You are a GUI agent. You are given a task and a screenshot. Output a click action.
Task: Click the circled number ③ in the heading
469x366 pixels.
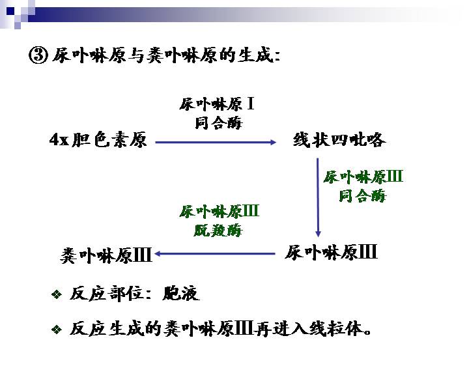(38, 55)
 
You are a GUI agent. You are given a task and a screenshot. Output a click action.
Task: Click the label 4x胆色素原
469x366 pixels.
(98, 139)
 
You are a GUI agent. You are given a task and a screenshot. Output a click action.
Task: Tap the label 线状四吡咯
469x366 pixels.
(339, 139)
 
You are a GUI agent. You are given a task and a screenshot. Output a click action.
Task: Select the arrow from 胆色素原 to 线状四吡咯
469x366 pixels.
(216, 143)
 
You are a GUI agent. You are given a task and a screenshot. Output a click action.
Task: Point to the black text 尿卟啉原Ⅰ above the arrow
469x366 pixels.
(217, 104)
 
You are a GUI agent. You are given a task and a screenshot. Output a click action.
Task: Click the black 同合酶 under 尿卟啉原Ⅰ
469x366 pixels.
(218, 123)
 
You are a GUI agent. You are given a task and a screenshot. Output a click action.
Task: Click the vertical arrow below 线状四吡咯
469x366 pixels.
(318, 197)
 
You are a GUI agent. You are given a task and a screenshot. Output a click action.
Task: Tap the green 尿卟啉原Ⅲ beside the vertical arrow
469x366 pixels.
(363, 177)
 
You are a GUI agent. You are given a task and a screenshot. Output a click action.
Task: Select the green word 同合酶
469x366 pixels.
(363, 196)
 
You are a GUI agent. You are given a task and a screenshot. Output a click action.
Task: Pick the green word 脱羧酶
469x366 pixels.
(218, 231)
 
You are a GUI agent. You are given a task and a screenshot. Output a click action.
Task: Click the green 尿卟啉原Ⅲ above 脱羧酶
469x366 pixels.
(220, 212)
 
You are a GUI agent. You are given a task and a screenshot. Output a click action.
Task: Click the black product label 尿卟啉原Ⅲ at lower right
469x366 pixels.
(331, 253)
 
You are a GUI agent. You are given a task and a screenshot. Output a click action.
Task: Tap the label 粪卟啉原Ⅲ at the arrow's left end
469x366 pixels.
(106, 256)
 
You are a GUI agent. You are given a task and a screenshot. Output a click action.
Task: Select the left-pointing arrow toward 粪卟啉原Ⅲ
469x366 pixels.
(214, 254)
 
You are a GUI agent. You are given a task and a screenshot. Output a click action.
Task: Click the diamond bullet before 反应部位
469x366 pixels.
(57, 294)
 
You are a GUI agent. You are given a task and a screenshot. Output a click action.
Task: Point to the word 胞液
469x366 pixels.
(181, 293)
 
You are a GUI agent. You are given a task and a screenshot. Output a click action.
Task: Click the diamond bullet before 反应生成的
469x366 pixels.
(57, 330)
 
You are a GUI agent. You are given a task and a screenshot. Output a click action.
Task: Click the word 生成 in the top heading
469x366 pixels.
(256, 55)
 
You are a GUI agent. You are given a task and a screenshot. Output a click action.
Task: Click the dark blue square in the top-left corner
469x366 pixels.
(11, 11)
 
